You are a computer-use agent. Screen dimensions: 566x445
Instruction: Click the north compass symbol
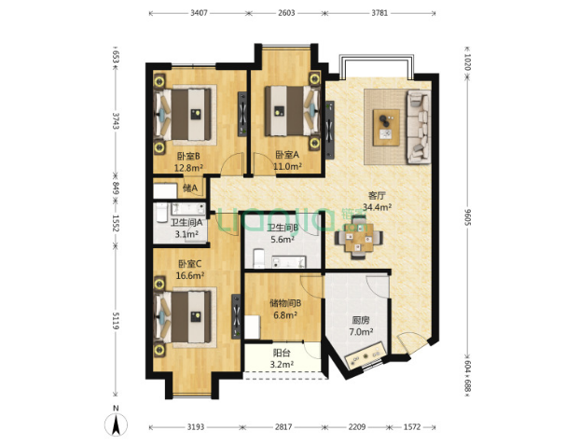[116, 423]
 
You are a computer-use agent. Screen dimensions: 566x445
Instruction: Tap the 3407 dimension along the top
[199, 13]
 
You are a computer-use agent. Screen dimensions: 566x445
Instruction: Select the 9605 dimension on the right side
[468, 216]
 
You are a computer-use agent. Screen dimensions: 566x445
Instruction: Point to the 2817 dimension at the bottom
[283, 427]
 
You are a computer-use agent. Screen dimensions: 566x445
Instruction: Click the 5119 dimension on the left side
[116, 320]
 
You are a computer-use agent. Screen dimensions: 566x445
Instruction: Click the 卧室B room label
[188, 156]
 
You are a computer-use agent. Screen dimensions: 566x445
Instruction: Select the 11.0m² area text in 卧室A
[287, 166]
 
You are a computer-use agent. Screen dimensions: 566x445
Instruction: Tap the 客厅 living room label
[377, 196]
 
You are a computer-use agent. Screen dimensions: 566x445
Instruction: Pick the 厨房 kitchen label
[361, 320]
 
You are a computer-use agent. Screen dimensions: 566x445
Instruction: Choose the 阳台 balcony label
[282, 353]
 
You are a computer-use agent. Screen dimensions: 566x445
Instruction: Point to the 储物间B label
[285, 303]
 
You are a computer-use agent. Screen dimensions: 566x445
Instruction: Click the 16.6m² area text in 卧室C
[190, 275]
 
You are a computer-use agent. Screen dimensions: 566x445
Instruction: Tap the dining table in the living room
[359, 238]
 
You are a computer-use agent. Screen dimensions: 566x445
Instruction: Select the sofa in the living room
[419, 127]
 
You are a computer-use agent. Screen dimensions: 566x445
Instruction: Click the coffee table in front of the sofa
[386, 128]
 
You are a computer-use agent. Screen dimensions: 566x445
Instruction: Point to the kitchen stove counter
[366, 355]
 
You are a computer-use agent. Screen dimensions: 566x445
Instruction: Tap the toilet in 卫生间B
[259, 258]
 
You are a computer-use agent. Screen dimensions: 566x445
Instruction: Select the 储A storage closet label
[190, 188]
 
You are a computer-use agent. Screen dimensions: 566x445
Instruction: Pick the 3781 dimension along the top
[380, 13]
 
